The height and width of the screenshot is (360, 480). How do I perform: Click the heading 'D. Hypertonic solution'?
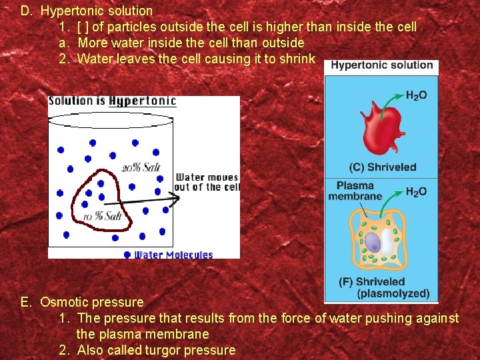(x=87, y=11)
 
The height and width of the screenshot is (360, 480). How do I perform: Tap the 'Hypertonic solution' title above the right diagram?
(x=382, y=65)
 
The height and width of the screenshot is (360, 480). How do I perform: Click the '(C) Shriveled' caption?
(x=382, y=167)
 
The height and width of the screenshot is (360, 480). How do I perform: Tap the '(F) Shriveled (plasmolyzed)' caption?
(x=383, y=287)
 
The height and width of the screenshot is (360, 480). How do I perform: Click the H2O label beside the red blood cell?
(x=416, y=96)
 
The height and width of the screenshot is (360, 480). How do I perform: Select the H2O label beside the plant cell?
(x=416, y=192)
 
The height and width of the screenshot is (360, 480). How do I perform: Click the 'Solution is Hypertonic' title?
(x=112, y=101)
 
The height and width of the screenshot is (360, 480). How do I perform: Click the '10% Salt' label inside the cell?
(x=102, y=216)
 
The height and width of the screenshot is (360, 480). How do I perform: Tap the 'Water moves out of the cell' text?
(x=207, y=182)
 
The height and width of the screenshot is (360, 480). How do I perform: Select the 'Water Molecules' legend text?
(x=173, y=255)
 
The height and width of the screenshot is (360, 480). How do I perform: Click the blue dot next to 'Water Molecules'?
(x=127, y=254)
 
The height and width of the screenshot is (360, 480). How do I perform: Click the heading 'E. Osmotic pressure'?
(x=82, y=302)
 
